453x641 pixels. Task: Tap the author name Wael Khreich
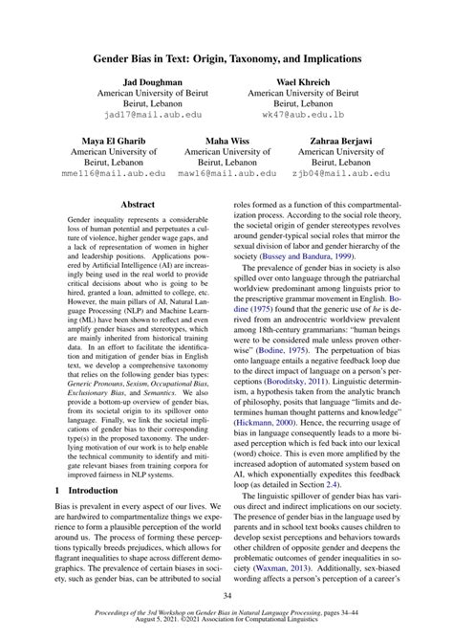point(303,83)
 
